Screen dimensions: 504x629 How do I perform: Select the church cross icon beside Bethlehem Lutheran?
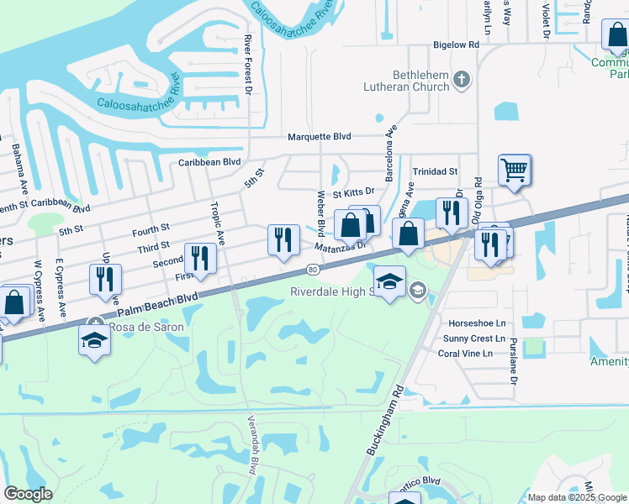click(461, 81)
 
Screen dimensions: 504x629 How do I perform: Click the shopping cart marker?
click(514, 171)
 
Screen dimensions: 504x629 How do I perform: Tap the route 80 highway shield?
click(313, 270)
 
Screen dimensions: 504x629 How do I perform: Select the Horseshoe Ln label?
click(477, 323)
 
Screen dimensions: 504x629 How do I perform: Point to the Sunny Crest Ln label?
click(477, 339)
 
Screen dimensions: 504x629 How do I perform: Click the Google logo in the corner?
click(28, 494)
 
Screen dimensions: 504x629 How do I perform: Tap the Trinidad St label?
click(435, 171)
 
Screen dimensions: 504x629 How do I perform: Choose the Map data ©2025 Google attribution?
click(577, 497)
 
